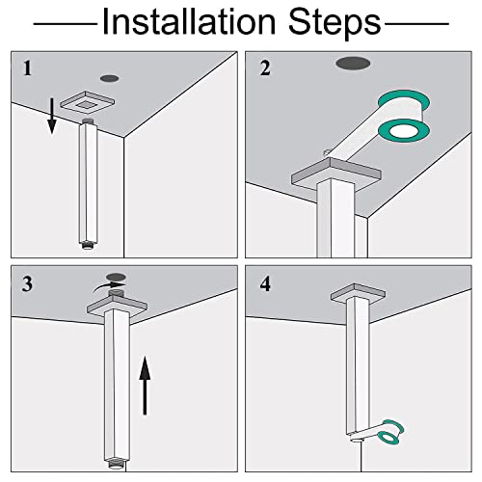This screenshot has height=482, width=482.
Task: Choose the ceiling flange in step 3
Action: pyautogui.click(x=118, y=307)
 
